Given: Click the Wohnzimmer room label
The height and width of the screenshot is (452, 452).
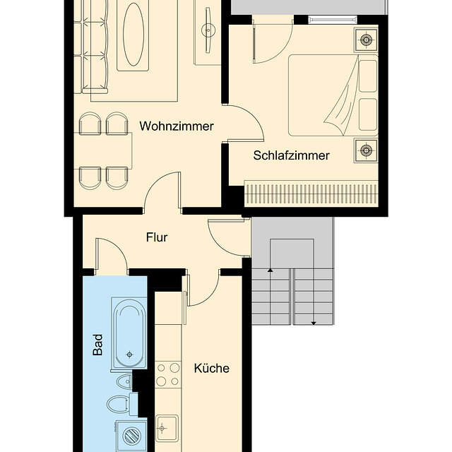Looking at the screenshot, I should click(x=177, y=126).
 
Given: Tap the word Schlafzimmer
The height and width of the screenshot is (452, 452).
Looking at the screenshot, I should click(x=291, y=155).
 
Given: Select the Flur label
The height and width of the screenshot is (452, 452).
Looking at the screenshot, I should click(x=157, y=237).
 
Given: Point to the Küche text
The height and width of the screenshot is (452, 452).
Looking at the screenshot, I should click(x=212, y=368).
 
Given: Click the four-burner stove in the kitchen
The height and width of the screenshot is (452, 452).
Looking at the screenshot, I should click(x=168, y=374).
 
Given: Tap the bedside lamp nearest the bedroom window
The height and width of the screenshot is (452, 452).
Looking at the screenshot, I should click(x=366, y=40).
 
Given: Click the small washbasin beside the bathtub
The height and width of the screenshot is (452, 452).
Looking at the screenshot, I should click(x=124, y=382).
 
